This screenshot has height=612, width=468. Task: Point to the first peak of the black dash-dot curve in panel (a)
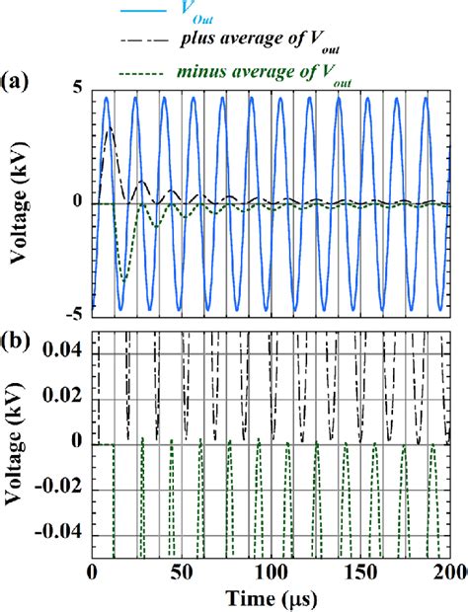pos(109,127)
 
